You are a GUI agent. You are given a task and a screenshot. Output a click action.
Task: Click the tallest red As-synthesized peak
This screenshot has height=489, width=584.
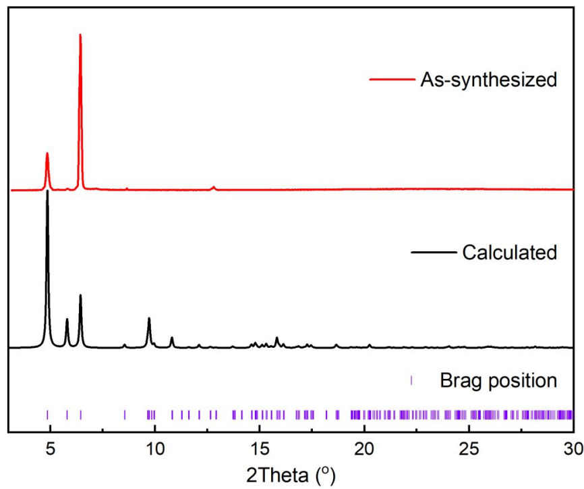(80, 35)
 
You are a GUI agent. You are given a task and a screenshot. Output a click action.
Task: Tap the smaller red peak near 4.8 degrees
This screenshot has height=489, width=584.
(47, 155)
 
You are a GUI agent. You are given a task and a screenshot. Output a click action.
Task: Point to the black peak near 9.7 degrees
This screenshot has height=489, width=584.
(149, 319)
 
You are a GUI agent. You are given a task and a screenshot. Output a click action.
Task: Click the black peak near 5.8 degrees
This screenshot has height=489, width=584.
(67, 319)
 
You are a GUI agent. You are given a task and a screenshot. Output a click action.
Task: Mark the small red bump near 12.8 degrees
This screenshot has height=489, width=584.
(214, 187)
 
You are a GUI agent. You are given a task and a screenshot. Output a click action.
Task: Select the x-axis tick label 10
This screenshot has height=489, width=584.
(154, 448)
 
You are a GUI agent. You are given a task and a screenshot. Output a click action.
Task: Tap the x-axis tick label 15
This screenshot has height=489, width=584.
(260, 448)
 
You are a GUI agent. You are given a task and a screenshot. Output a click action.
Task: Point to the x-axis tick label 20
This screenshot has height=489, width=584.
(364, 448)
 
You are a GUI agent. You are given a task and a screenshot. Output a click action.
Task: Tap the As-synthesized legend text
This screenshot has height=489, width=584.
(489, 80)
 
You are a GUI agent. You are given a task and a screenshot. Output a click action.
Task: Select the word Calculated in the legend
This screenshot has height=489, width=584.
(509, 253)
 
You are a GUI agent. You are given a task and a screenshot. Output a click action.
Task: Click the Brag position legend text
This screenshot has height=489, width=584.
(498, 380)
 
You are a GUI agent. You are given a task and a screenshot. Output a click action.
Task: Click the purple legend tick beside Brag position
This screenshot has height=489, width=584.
(411, 381)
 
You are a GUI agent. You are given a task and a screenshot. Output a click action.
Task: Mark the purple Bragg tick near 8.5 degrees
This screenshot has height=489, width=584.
(124, 415)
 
